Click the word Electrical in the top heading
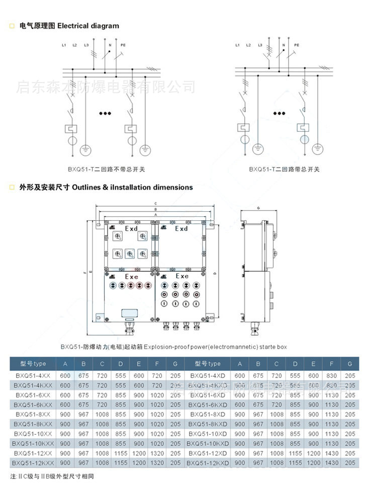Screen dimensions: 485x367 click(x=73, y=26)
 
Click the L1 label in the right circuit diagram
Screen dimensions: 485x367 click(x=237, y=45)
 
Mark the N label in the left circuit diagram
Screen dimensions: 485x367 click(x=110, y=45)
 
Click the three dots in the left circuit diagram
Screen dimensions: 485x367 click(x=105, y=113)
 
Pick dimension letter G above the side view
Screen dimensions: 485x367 click(x=258, y=207)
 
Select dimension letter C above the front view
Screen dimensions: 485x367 click(x=156, y=204)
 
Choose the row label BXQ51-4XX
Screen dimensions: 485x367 click(x=32, y=376)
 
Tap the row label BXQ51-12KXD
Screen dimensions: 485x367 click(x=208, y=462)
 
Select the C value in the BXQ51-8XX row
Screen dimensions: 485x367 click(x=102, y=414)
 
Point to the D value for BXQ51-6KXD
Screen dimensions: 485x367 click(x=295, y=405)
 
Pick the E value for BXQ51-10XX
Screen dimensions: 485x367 click(x=138, y=433)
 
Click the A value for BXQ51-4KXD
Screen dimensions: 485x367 click(x=240, y=385)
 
